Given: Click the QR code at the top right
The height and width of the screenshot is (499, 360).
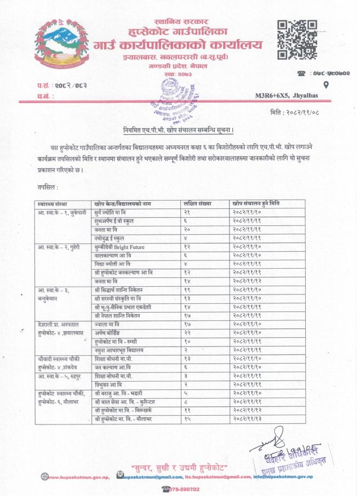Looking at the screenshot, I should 296,39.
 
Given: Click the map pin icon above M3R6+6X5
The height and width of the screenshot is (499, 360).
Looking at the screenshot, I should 326,84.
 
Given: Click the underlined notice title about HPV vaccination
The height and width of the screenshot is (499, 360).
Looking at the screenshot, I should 178,130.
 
